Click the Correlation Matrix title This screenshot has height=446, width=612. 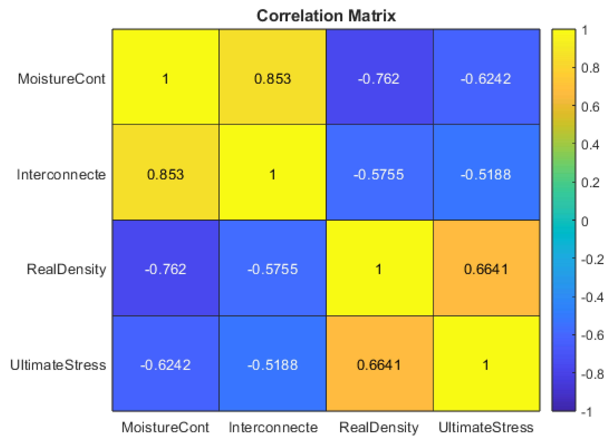click(326, 16)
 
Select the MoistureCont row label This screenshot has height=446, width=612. click(61, 79)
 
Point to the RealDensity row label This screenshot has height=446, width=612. click(66, 269)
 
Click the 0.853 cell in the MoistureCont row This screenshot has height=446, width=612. click(272, 79)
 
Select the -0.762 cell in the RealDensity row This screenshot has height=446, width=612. click(165, 269)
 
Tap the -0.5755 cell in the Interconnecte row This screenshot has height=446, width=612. click(379, 174)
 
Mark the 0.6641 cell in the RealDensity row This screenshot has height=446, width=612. click(486, 269)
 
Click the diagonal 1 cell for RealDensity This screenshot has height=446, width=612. click(379, 269)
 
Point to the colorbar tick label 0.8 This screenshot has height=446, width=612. click(590, 68)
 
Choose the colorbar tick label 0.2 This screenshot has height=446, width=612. click(590, 183)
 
